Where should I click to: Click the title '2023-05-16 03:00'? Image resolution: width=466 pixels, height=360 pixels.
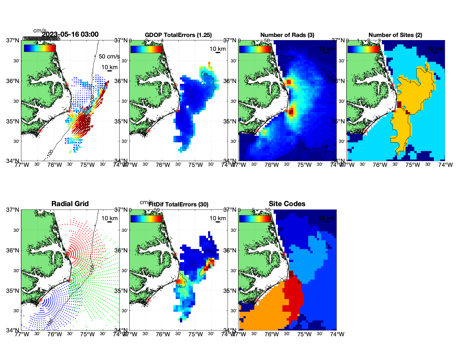click(x=70, y=34)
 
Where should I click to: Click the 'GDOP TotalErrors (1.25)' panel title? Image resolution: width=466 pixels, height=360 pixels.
click(x=178, y=35)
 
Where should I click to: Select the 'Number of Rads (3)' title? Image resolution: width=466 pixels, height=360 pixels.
click(x=287, y=35)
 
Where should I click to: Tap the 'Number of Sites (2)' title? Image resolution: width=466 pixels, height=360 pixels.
click(x=395, y=35)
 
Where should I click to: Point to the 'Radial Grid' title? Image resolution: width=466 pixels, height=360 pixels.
click(x=70, y=204)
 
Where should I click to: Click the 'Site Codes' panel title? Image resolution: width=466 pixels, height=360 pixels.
click(x=287, y=204)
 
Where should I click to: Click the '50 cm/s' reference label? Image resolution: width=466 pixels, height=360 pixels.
click(x=109, y=56)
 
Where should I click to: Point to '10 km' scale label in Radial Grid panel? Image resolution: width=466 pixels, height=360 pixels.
click(x=110, y=218)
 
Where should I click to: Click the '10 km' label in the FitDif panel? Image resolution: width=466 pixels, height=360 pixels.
click(x=218, y=218)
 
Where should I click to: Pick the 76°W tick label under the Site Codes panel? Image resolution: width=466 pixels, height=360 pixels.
click(x=272, y=334)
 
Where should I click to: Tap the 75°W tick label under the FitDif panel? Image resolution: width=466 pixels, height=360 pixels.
click(x=196, y=334)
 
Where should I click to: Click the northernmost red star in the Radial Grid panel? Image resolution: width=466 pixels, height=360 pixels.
click(x=67, y=254)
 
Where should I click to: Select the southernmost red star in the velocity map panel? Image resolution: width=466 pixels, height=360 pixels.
click(x=40, y=131)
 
